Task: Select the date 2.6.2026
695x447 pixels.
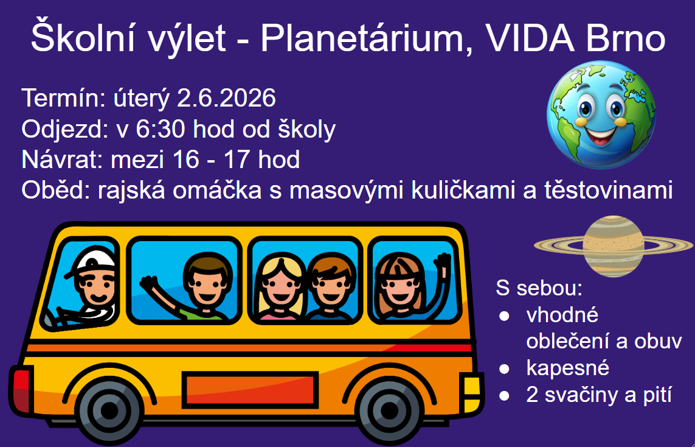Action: coord(226,97)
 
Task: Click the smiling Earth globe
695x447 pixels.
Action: coord(601,115)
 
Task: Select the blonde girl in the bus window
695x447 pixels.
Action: coord(280,289)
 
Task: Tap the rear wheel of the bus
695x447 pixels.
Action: coord(109,409)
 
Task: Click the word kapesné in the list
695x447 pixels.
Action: coord(568,368)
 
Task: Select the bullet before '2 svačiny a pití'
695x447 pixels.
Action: coord(504,395)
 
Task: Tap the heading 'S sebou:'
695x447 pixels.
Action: coord(539,287)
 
